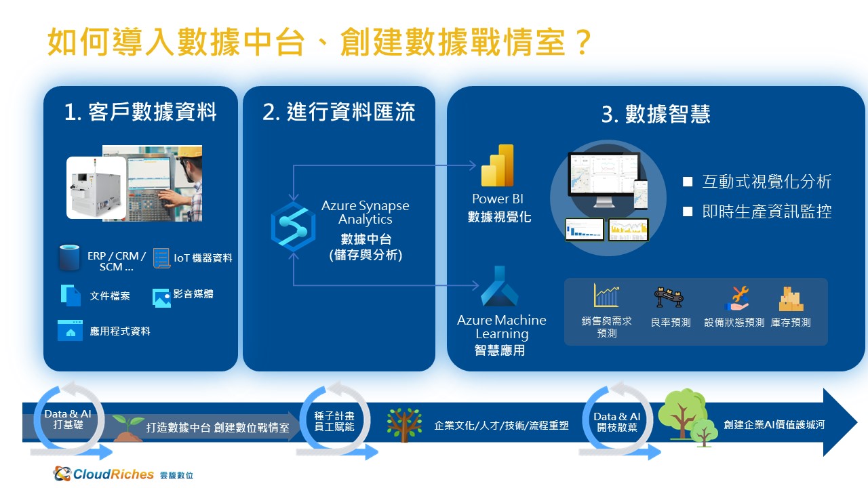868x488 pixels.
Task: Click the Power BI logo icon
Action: coord(497,165)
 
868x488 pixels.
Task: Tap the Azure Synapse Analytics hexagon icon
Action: coord(294,227)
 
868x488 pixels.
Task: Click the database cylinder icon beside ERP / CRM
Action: coord(69,257)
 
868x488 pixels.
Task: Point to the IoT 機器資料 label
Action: coord(203,258)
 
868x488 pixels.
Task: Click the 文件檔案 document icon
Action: coord(71,296)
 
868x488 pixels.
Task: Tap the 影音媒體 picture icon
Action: coord(161,298)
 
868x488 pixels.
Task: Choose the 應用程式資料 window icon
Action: coord(70,330)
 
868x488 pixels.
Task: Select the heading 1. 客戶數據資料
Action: coord(140,112)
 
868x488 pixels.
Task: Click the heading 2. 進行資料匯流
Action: coord(338,112)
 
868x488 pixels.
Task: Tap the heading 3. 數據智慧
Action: coord(656,114)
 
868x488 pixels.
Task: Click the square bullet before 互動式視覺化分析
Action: coord(688,182)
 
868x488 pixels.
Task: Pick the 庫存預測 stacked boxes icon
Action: coord(791,299)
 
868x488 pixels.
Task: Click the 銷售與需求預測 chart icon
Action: coord(606,296)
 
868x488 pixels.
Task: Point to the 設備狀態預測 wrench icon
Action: coord(737,299)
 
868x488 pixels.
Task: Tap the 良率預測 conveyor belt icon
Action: coord(669,298)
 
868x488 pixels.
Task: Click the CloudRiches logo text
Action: coord(113,474)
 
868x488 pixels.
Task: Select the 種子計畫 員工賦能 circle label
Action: coord(334,422)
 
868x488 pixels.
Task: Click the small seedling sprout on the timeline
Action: coord(128,428)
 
